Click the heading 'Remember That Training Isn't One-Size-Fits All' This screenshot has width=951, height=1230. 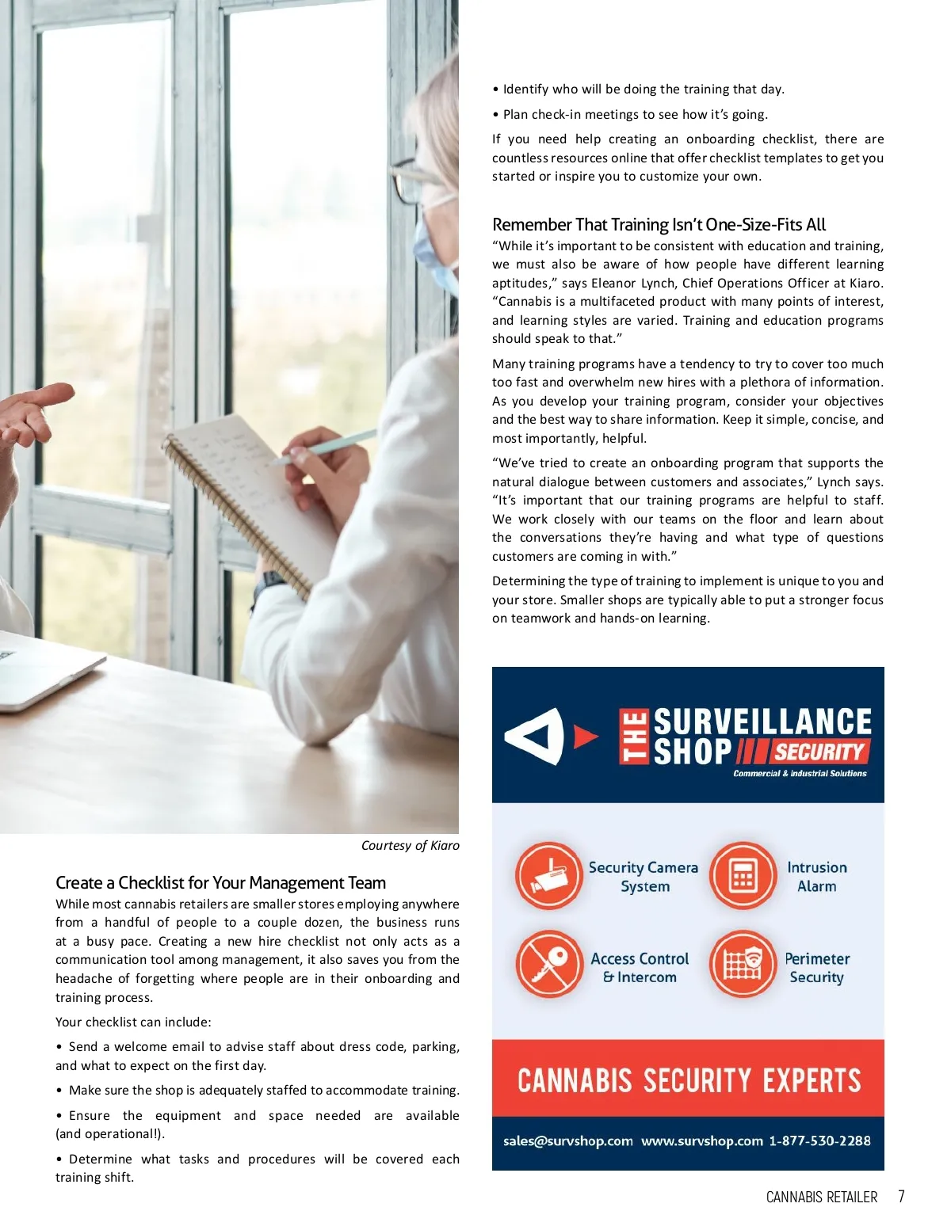[659, 225]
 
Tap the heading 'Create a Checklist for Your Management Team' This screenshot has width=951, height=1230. [220, 882]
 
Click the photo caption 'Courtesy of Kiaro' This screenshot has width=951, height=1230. [410, 845]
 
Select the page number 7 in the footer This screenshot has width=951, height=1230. [901, 1196]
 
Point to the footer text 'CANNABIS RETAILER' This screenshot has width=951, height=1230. [821, 1197]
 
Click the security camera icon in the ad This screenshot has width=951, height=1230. [548, 876]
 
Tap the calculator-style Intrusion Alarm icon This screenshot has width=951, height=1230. [743, 876]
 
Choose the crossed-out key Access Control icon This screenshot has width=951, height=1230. [548, 965]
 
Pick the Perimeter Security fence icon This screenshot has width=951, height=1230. [743, 965]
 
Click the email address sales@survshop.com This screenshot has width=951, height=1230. [567, 1141]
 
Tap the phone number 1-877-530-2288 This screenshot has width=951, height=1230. [819, 1141]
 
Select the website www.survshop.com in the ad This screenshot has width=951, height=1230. [701, 1141]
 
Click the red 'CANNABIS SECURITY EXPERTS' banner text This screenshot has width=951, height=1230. [688, 1080]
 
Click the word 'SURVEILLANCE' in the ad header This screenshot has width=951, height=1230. [762, 722]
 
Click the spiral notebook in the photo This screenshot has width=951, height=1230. [246, 499]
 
